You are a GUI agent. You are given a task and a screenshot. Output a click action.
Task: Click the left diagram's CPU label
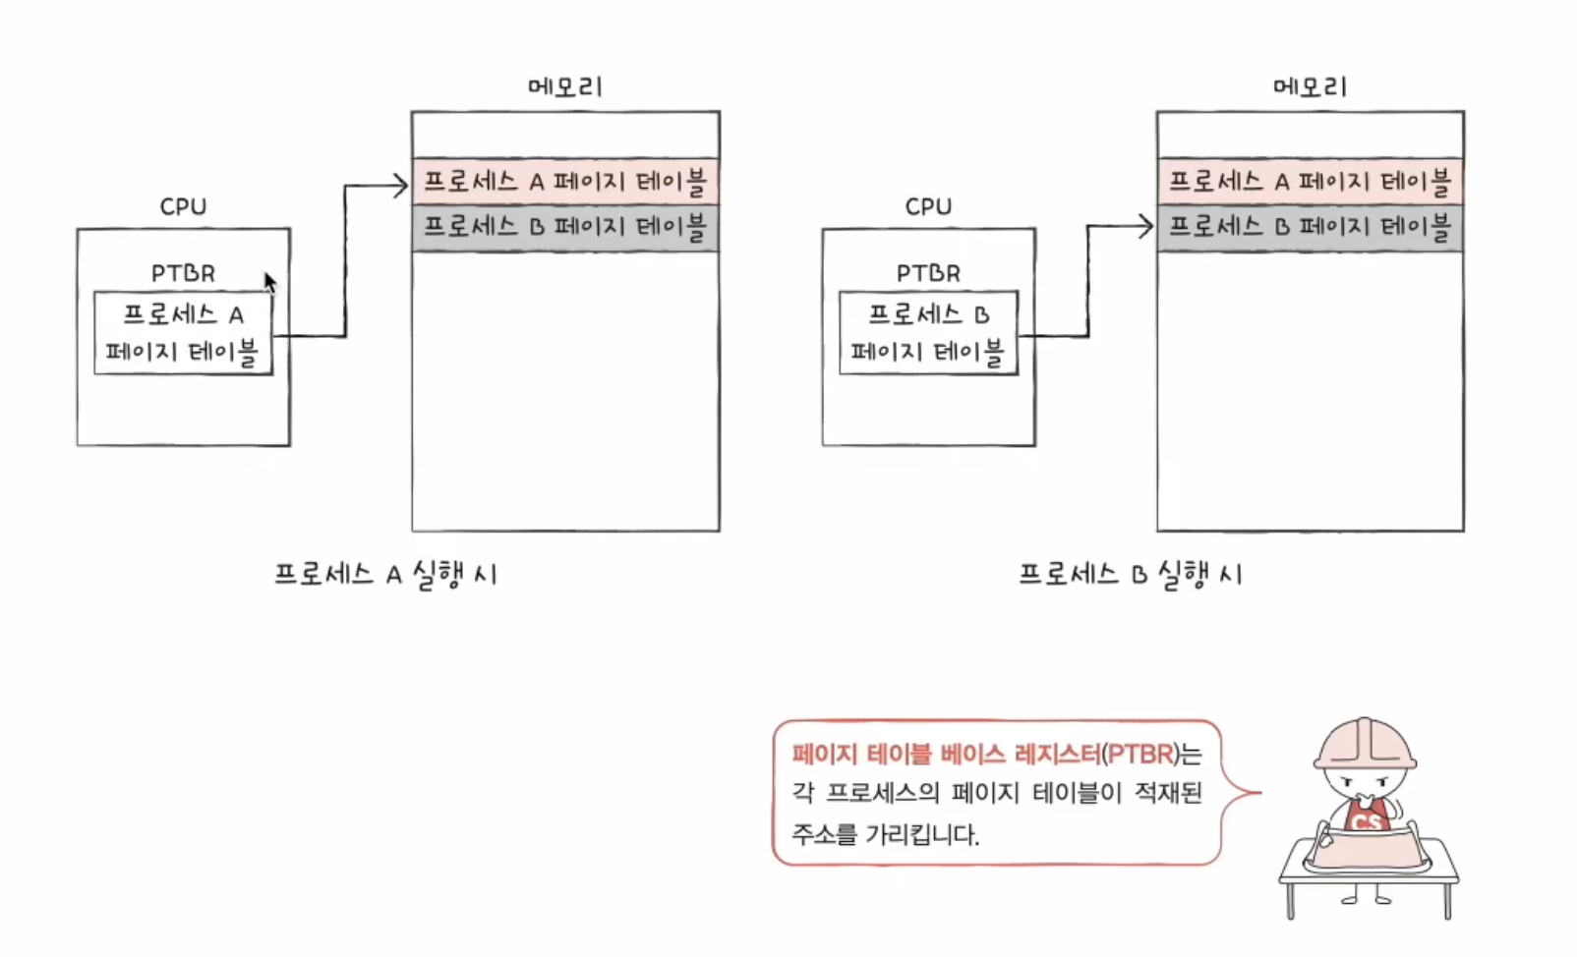(183, 207)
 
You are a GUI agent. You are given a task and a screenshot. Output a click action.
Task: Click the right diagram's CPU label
(928, 207)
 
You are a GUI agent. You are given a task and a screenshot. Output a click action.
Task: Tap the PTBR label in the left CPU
(183, 273)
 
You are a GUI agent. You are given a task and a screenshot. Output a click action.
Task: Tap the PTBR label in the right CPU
(928, 273)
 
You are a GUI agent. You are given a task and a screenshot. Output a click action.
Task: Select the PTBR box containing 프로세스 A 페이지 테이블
(183, 333)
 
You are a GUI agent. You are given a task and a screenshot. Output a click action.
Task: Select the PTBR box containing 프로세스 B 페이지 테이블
(928, 333)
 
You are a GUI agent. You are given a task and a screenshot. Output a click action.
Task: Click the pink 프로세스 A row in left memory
(565, 182)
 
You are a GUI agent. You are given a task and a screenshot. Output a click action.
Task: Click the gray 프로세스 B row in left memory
(565, 228)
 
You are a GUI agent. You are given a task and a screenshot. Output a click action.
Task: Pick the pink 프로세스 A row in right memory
(1310, 182)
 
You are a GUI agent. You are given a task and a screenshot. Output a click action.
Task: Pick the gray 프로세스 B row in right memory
(1310, 228)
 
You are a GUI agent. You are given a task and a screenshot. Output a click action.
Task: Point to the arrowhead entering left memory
(400, 185)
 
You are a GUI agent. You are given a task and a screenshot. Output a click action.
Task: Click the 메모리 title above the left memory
(565, 87)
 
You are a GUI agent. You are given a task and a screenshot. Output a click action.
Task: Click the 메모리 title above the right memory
(1310, 87)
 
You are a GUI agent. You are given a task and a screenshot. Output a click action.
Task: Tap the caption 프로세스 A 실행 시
(385, 575)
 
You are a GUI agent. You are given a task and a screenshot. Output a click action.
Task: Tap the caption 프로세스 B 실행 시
(1131, 575)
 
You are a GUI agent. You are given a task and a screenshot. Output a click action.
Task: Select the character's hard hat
(1365, 745)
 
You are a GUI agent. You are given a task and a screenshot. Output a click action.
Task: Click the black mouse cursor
(269, 282)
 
